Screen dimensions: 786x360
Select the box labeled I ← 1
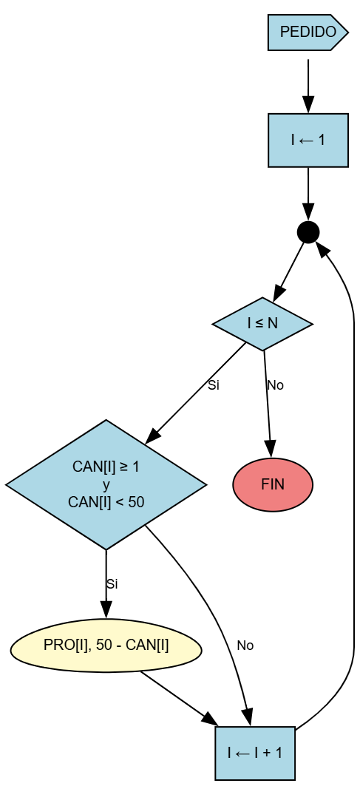pyautogui.click(x=308, y=140)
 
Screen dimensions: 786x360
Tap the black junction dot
pyautogui.click(x=308, y=232)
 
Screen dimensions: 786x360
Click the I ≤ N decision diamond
pyautogui.click(x=262, y=323)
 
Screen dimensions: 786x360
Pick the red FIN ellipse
pyautogui.click(x=273, y=485)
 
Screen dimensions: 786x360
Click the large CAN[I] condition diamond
pyautogui.click(x=106, y=485)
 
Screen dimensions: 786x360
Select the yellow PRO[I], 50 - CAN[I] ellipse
pyautogui.click(x=106, y=646)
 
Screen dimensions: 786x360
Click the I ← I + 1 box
pyautogui.click(x=255, y=753)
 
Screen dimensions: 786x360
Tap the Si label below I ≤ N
pyautogui.click(x=214, y=385)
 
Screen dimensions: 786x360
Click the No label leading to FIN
pyautogui.click(x=275, y=385)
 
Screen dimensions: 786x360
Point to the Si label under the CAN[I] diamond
pyautogui.click(x=112, y=584)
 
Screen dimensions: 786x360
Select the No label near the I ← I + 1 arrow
pyautogui.click(x=245, y=646)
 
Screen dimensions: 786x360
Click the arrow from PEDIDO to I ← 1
pyautogui.click(x=308, y=85)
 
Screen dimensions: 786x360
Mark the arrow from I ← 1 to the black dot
pyautogui.click(x=308, y=192)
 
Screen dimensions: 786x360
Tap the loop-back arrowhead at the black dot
pyautogui.click(x=323, y=249)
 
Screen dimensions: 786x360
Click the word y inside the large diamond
pyautogui.click(x=106, y=485)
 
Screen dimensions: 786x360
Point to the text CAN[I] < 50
pyautogui.click(x=106, y=502)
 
